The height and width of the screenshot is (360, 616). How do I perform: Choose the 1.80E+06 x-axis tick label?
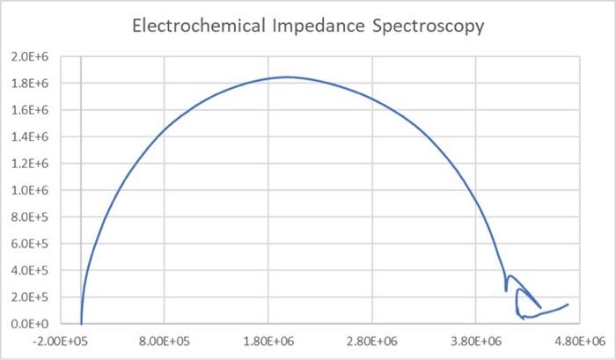point(269,341)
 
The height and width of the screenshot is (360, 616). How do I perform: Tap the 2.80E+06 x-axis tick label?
point(373,341)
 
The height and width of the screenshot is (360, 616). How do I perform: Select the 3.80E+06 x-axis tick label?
point(477,341)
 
